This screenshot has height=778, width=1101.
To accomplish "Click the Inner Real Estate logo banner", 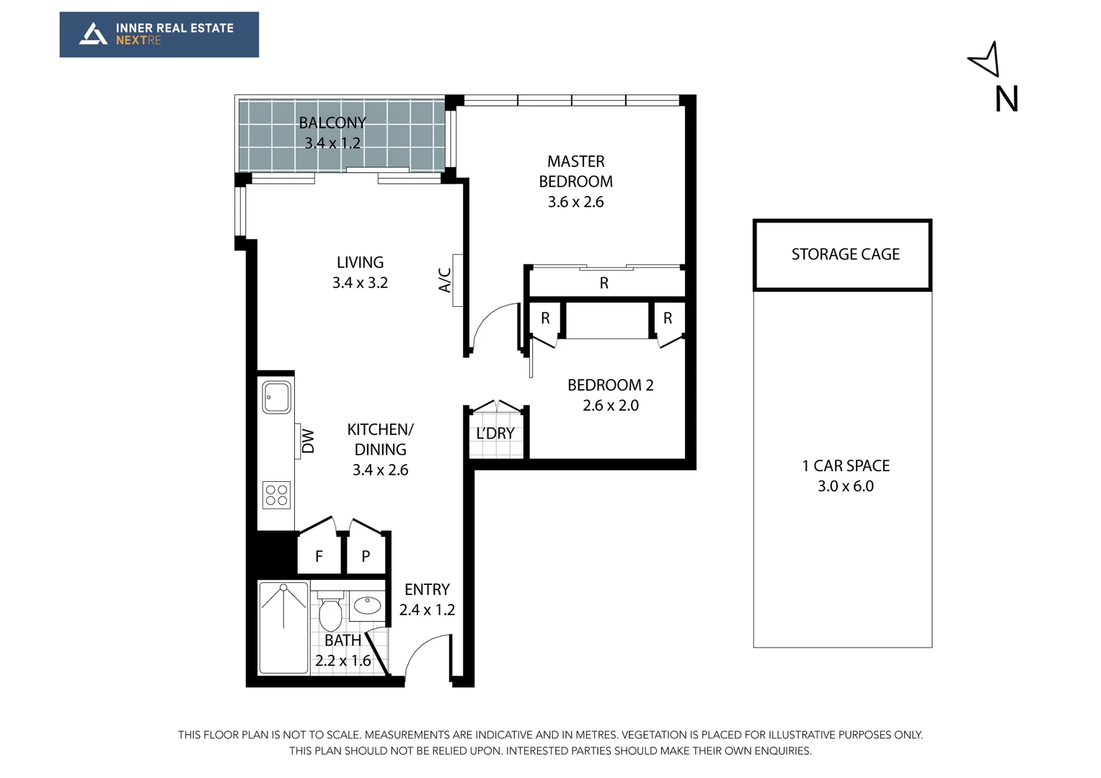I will pyautogui.click(x=159, y=35).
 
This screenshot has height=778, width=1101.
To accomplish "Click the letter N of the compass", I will pyautogui.click(x=1006, y=99).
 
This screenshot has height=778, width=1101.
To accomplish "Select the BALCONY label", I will pyautogui.click(x=332, y=123).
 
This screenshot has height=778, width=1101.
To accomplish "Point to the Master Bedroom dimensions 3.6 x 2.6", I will pyautogui.click(x=575, y=202).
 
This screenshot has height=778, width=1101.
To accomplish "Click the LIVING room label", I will pyautogui.click(x=360, y=263).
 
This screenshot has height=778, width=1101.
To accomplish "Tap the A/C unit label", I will pyautogui.click(x=446, y=280).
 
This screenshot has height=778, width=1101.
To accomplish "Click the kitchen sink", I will pyautogui.click(x=276, y=397).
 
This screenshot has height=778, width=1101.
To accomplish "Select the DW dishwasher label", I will pyautogui.click(x=308, y=441).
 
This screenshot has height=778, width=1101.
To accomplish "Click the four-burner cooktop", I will pyautogui.click(x=276, y=495).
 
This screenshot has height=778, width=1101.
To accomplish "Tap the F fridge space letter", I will pyautogui.click(x=319, y=557).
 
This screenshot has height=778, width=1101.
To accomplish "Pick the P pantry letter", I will pyautogui.click(x=366, y=557).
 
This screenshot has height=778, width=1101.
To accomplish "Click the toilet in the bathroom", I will pyautogui.click(x=330, y=612).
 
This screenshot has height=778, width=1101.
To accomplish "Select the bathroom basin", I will pyautogui.click(x=368, y=605).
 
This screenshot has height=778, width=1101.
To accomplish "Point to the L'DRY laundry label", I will pyautogui.click(x=495, y=434).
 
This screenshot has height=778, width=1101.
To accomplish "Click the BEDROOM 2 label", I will pyautogui.click(x=610, y=385).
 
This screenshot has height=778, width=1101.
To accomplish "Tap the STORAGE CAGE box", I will pyautogui.click(x=842, y=255).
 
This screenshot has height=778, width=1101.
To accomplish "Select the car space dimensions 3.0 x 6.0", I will pyautogui.click(x=845, y=486).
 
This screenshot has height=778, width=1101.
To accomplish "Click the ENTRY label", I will pyautogui.click(x=427, y=590).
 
